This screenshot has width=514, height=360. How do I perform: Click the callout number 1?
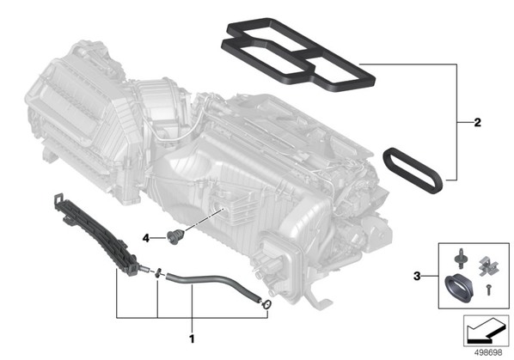click(x=192, y=339)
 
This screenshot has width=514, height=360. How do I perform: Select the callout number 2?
click(x=478, y=123)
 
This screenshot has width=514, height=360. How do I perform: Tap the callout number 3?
click(x=417, y=276)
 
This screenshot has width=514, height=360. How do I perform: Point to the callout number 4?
click(x=146, y=238)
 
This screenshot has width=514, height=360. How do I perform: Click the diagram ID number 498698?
click(x=488, y=353)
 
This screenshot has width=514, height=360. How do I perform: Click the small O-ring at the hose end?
click(x=266, y=305)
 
